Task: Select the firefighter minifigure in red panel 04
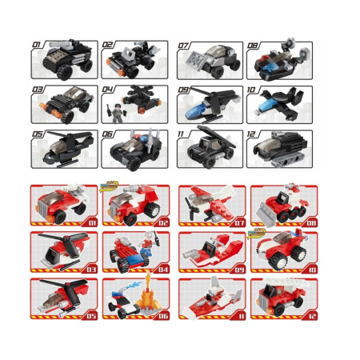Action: coord(148,243)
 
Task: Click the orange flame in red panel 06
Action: coord(150,296)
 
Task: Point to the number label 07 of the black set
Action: coord(183,46)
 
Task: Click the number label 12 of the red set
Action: coord(312,316)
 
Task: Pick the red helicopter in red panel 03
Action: coord(65,250)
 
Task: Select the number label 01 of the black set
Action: coord(37,44)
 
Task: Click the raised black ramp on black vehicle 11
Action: coord(216,136)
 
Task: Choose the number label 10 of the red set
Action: coord(312,270)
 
